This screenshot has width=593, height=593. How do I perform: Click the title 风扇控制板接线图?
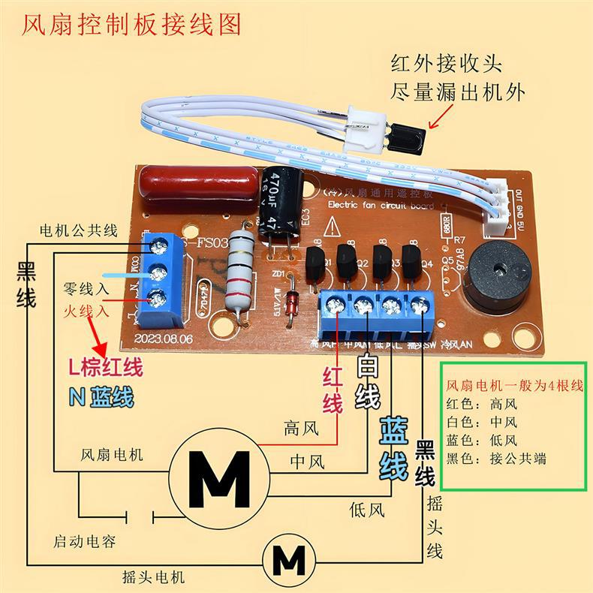coord(132,24)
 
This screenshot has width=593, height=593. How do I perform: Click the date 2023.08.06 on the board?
coord(164,339)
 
